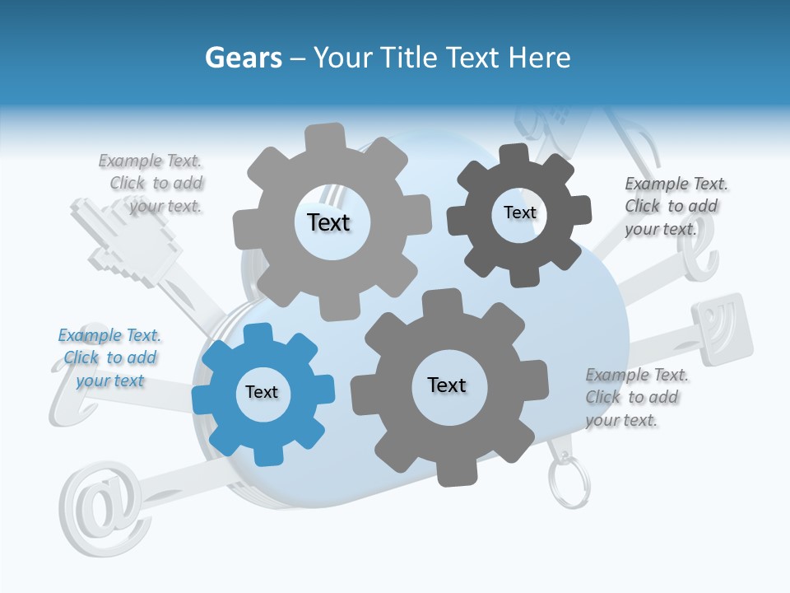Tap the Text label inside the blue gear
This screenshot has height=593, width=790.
point(262,392)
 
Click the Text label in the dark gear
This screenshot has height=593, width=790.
point(519,212)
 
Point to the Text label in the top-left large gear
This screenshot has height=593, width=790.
point(328,222)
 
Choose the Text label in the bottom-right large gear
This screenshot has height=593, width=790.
point(447,385)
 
